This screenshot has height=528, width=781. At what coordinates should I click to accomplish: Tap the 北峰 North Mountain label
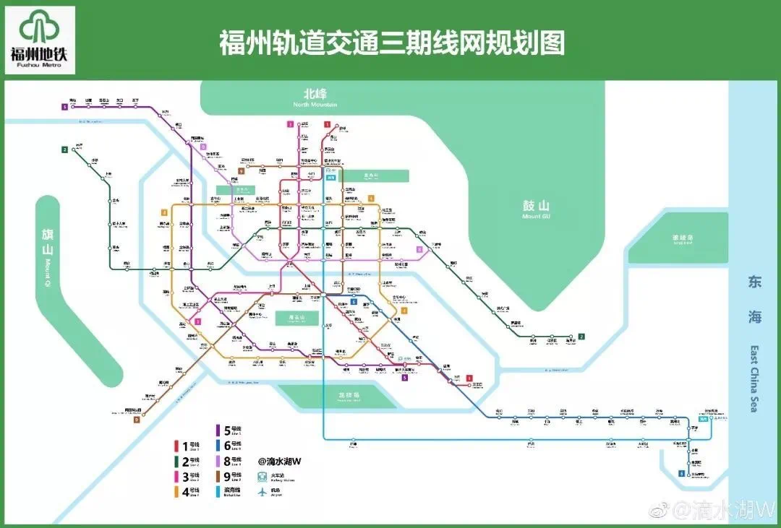coord(315,98)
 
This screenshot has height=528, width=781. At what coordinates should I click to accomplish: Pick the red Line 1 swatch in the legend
coord(176,446)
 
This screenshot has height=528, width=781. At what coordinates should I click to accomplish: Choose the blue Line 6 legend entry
coord(218,446)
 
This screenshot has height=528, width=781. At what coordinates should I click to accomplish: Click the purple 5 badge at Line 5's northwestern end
coord(64,107)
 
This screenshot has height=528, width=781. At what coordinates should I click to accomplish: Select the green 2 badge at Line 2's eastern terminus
coord(581,336)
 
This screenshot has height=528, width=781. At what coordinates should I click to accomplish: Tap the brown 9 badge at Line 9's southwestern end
coord(136,419)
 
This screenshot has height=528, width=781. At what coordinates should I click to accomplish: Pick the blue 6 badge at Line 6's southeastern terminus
coord(680,473)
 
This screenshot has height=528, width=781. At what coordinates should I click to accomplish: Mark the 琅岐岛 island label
coord(682,239)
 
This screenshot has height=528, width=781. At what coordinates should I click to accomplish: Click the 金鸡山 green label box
coord(375,176)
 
